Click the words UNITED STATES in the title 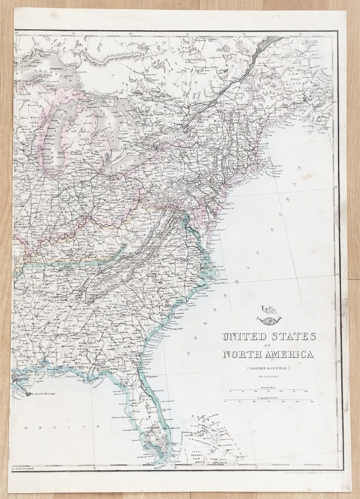coord(268,336)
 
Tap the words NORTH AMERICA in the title coord(268,354)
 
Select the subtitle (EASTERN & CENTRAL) coord(268,368)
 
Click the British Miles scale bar coord(268,390)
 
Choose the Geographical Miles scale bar coord(268,400)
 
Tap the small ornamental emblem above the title coord(268,317)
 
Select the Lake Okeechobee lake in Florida coord(152,427)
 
